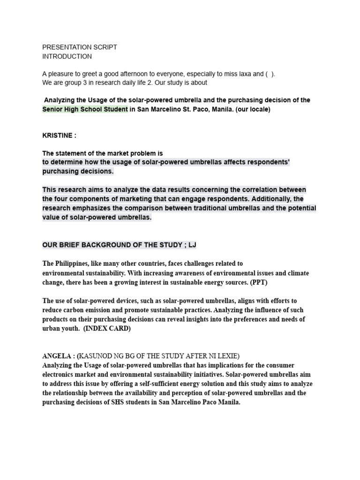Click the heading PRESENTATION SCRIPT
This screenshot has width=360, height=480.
coord(80,47)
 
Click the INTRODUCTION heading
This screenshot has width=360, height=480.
coord(67,56)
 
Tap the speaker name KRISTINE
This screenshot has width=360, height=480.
coord(57,135)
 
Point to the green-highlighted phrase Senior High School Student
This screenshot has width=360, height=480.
coord(85,109)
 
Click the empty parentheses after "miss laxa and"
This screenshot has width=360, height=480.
coord(270,74)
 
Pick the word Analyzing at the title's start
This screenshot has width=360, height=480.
coord(60,100)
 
